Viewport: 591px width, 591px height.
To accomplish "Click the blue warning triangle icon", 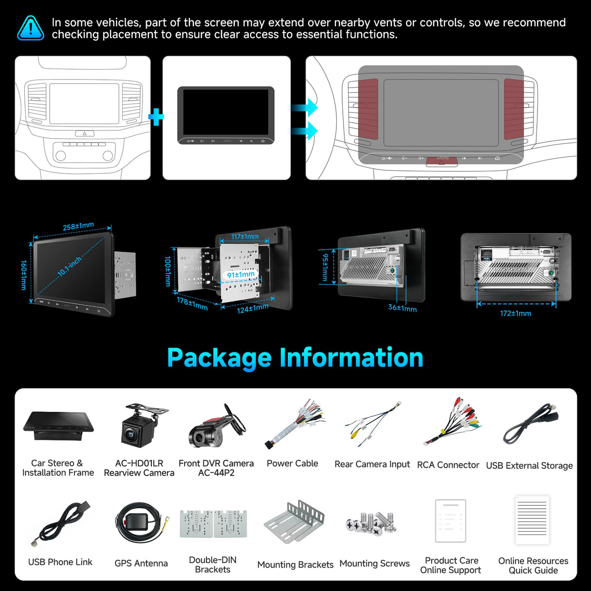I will [31, 28].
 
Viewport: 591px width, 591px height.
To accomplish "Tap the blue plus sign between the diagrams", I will [156, 117].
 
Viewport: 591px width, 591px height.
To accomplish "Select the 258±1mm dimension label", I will [78, 226].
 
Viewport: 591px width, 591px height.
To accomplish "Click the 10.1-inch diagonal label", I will [70, 266].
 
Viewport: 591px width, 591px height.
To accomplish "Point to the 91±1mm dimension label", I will [241, 275].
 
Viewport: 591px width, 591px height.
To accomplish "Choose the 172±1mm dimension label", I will [516, 313].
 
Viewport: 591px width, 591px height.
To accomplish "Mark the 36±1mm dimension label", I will [402, 308].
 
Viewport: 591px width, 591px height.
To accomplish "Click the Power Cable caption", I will [292, 463].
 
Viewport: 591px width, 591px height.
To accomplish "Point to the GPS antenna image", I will [139, 523].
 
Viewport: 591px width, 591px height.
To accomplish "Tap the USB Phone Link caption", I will [60, 562].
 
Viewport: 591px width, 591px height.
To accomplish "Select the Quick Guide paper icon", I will [532, 520].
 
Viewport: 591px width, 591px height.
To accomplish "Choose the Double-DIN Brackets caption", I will [213, 565].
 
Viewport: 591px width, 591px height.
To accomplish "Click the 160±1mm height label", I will [23, 275].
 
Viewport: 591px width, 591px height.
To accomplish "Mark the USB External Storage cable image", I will [531, 424].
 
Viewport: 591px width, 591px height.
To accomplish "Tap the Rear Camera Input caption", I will [372, 464].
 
